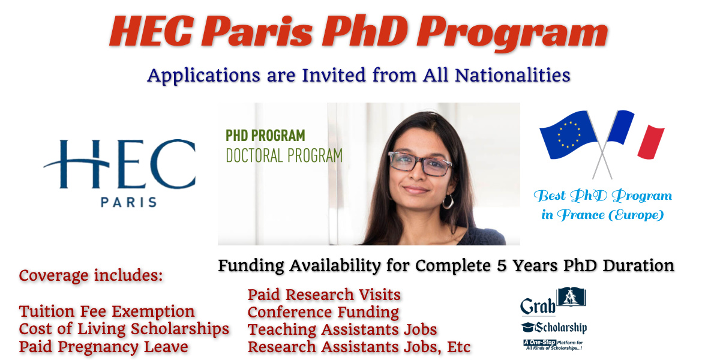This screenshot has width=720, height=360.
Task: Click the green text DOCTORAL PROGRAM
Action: click(284, 155)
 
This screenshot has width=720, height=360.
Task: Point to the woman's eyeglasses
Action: click(419, 164)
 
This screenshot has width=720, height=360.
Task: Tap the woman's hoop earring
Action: click(448, 202)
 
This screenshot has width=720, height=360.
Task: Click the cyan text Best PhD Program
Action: click(603, 196)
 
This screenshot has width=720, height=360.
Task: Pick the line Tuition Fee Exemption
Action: click(107, 312)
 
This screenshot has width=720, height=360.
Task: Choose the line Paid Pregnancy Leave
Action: click(103, 347)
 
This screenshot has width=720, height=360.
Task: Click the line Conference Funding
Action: click(323, 312)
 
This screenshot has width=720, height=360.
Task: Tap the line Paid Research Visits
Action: click(324, 295)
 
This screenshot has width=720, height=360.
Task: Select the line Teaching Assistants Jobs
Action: click(342, 329)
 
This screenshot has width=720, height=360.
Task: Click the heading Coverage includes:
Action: click(91, 277)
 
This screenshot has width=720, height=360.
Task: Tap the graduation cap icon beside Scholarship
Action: click(528, 328)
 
